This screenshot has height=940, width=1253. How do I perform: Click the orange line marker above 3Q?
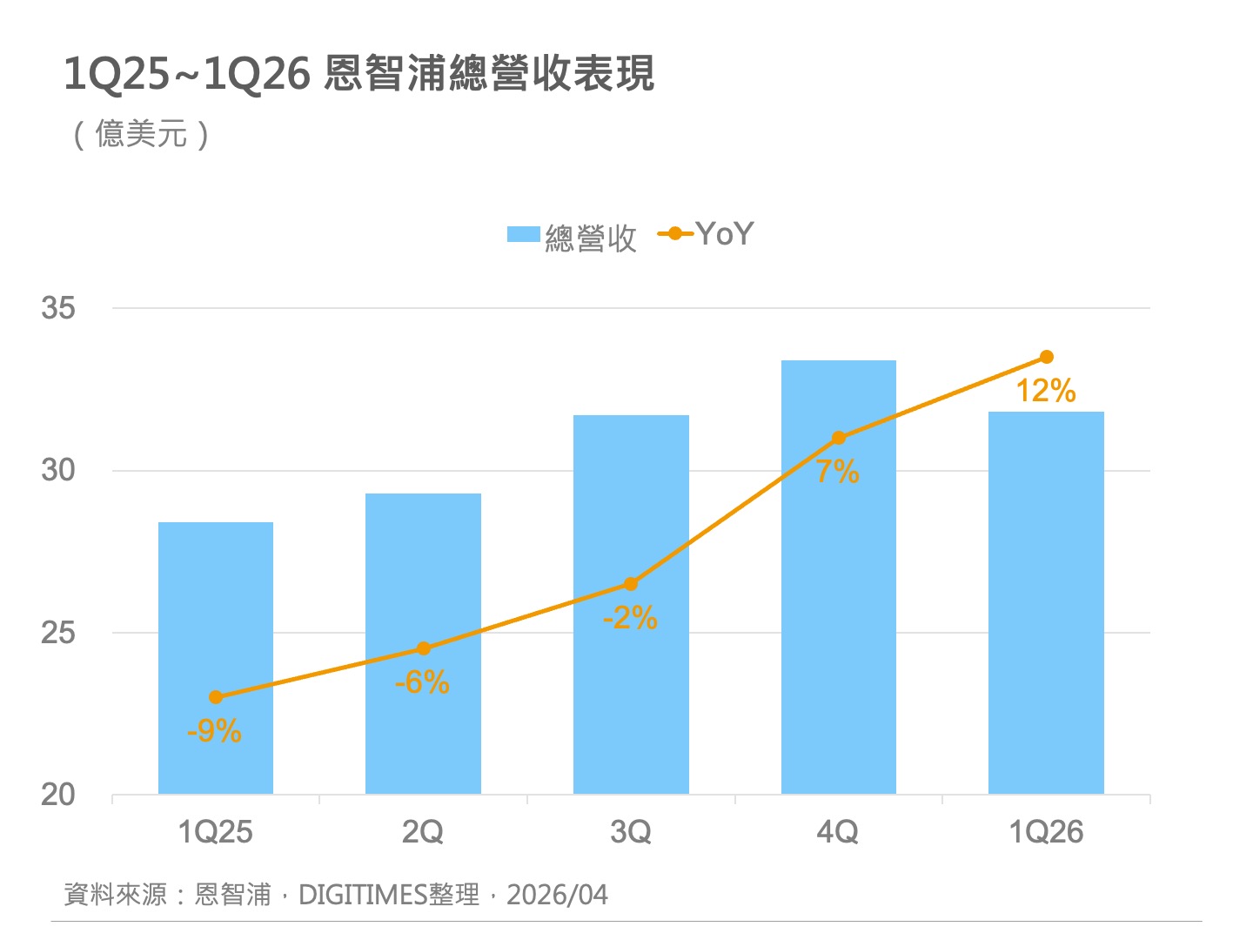click(x=631, y=584)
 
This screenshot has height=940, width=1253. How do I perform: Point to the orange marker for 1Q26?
click(x=1047, y=357)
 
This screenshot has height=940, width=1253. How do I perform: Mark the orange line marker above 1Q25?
click(x=216, y=697)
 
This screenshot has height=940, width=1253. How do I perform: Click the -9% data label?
click(x=214, y=731)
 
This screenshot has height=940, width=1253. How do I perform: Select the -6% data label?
click(x=422, y=682)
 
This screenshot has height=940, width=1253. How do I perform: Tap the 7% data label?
click(x=838, y=472)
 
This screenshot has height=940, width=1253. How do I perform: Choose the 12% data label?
click(x=1046, y=391)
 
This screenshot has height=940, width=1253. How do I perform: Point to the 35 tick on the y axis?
click(x=58, y=308)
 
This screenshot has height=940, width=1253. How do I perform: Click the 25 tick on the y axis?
click(x=58, y=633)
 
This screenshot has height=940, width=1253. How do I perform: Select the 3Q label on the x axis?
click(x=631, y=832)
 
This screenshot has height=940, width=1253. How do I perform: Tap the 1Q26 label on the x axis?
click(x=1046, y=832)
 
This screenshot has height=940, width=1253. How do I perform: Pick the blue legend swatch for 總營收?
click(x=524, y=235)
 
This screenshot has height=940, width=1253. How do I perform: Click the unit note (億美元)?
click(x=141, y=135)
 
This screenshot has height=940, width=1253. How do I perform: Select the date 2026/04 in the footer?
click(x=557, y=895)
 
